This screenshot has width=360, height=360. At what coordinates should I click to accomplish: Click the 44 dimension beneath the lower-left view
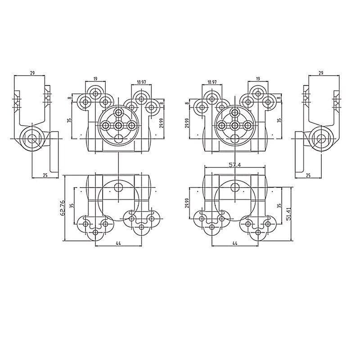click(118, 243)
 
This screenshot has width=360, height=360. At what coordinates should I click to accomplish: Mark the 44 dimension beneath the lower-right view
click(235, 243)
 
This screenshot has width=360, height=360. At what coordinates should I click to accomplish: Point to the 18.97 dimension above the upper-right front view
click(212, 82)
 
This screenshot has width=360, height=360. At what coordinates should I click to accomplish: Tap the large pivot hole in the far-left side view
click(32, 138)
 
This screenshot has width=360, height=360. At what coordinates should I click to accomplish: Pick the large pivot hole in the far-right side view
click(321, 138)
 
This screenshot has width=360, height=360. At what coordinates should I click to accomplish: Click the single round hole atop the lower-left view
click(119, 187)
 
